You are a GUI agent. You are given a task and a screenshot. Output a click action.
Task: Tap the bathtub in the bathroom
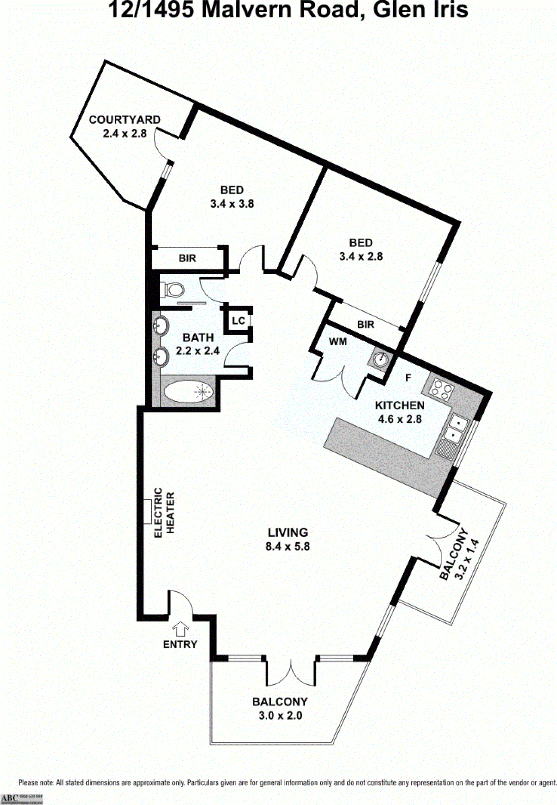pyautogui.click(x=188, y=391)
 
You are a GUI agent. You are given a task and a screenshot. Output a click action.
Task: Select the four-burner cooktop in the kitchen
pyautogui.click(x=441, y=389)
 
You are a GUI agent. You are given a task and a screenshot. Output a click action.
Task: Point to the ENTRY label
pyautogui.click(x=180, y=644)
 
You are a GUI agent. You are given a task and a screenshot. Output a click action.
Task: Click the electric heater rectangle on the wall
pyautogui.click(x=148, y=512)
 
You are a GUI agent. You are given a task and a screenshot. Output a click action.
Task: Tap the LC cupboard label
pyautogui.click(x=238, y=321)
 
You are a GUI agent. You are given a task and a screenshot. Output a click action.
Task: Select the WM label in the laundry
pyautogui.click(x=338, y=342)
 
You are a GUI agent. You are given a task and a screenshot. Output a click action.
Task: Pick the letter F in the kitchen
pyautogui.click(x=408, y=378)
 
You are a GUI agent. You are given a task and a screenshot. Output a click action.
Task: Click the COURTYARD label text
pyautogui.click(x=124, y=120)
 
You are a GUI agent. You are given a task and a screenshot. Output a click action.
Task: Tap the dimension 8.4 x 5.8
pyautogui.click(x=287, y=547)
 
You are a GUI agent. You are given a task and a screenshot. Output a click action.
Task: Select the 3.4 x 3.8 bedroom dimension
pyautogui.click(x=232, y=204)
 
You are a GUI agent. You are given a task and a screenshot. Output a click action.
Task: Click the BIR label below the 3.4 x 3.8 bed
pyautogui.click(x=187, y=258)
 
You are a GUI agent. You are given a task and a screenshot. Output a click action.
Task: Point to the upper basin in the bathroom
pyautogui.click(x=161, y=325)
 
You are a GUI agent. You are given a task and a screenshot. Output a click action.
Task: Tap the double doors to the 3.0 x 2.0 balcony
pyautogui.click(x=290, y=673)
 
